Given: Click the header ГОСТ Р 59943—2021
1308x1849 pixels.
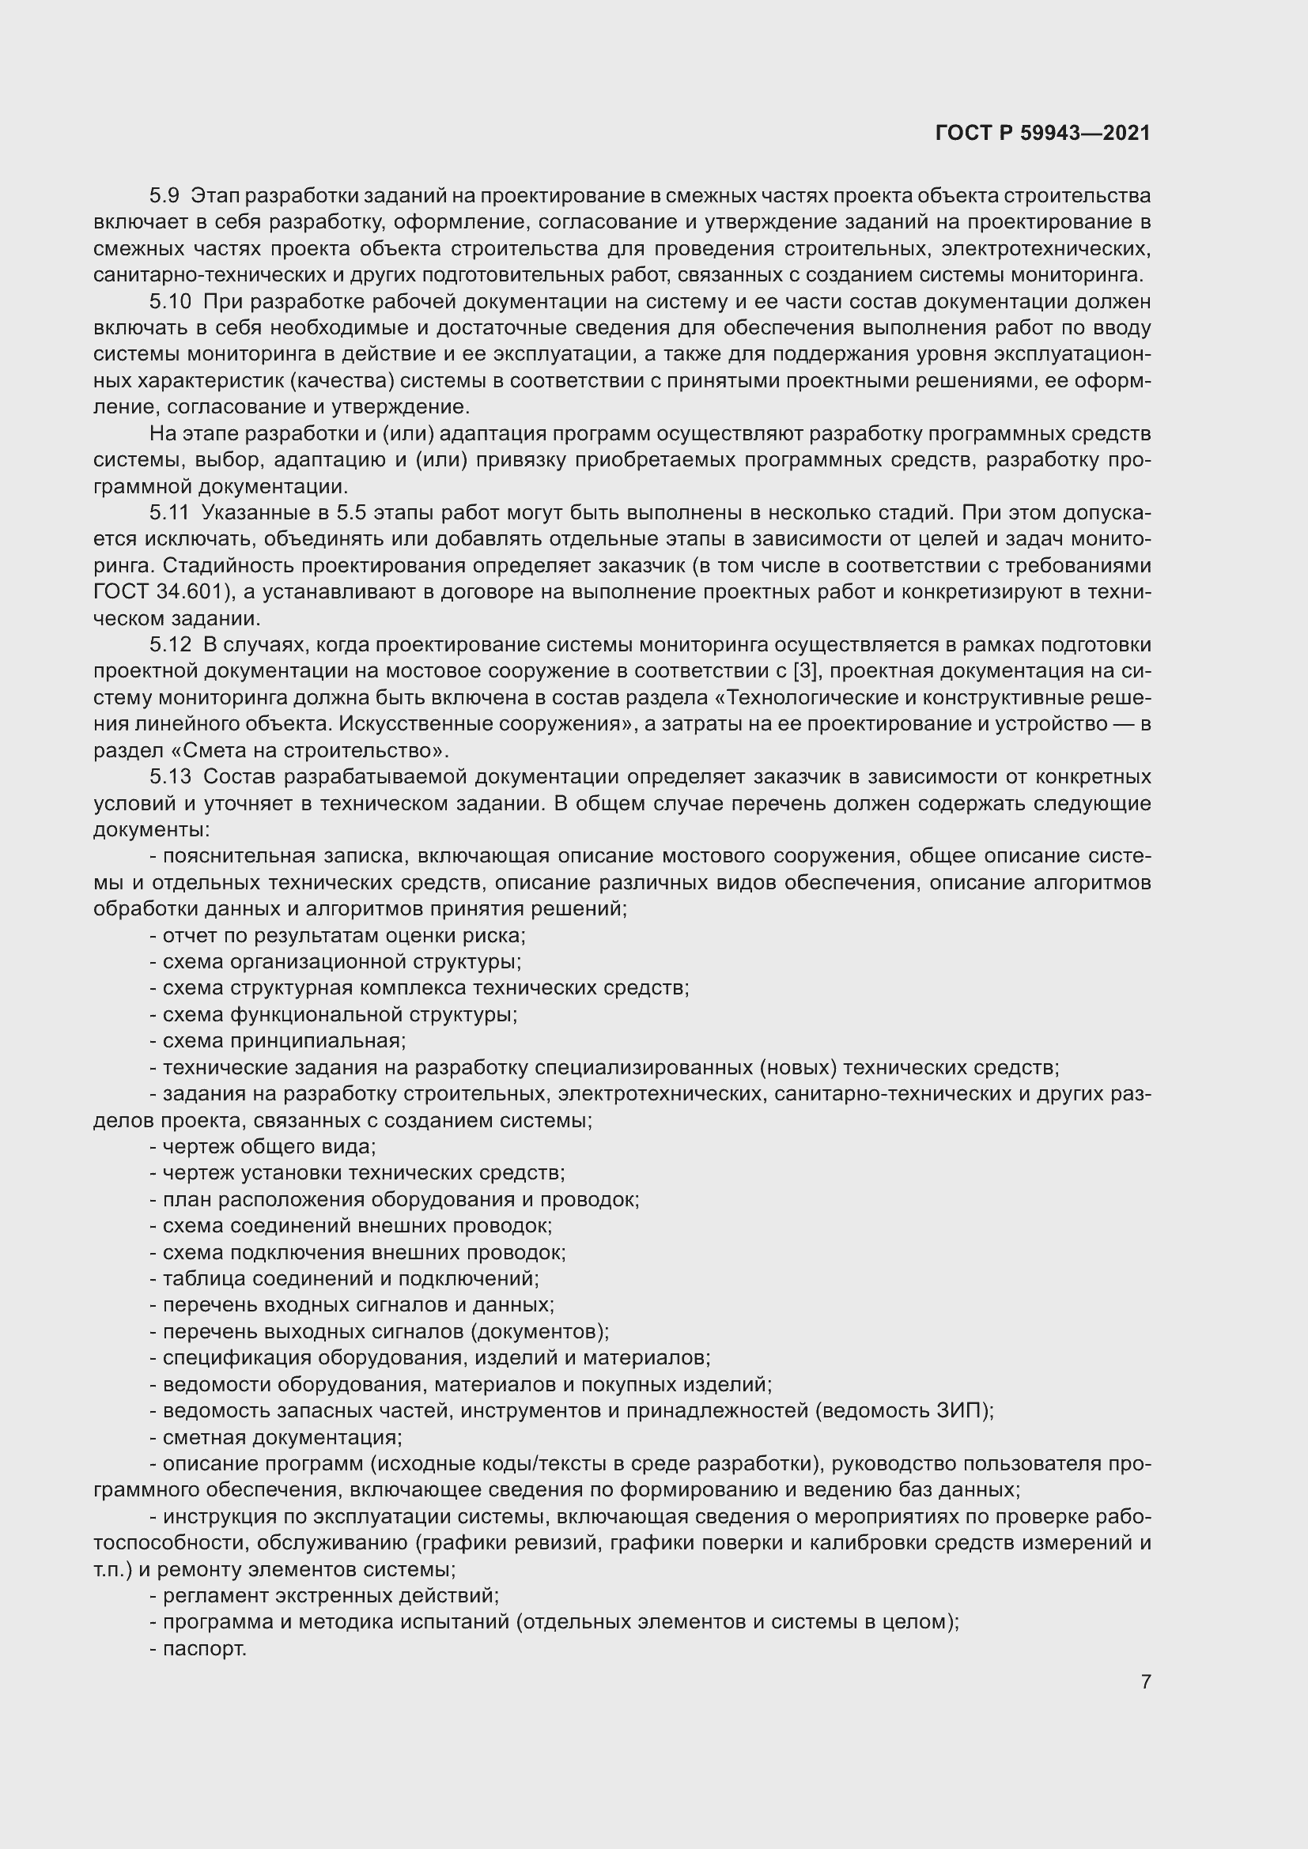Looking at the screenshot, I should [1042, 134].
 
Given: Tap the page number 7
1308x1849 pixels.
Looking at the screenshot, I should [1145, 1681].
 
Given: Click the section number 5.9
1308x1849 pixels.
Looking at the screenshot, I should [165, 196].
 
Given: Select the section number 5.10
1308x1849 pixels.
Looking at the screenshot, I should [170, 302].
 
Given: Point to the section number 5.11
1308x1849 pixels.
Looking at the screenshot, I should [169, 513].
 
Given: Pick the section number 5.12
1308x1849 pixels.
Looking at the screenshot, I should [170, 645].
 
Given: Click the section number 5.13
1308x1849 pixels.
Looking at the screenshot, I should [170, 777].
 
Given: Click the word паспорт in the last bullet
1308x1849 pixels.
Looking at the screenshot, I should [204, 1648].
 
